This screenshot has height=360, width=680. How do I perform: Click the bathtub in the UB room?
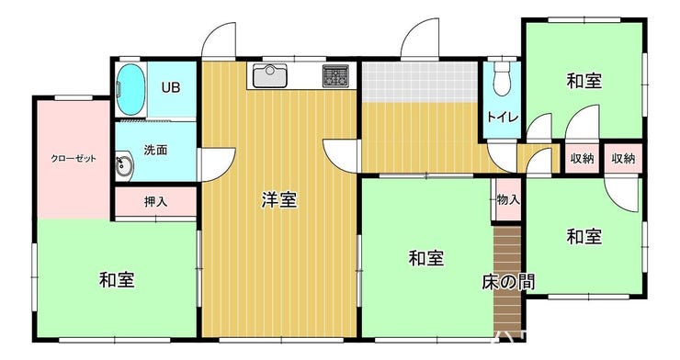tap(130, 90)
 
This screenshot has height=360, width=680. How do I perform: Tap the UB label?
tap(170, 87)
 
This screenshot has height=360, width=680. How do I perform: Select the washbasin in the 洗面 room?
tap(124, 164)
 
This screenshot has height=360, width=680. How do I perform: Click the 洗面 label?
tap(155, 150)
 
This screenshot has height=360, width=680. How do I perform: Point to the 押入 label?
tap(155, 201)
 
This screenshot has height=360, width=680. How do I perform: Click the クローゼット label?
tap(74, 159)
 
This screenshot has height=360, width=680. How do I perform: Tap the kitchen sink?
tap(270, 75)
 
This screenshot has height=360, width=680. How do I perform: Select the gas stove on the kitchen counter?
tap(335, 75)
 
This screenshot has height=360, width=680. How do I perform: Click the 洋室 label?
tap(278, 199)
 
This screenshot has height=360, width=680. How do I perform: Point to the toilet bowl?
tap(503, 79)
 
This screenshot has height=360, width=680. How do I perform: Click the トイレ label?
tap(503, 117)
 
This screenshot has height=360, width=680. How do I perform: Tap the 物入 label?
tap(508, 199)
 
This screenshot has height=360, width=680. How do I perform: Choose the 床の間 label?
tap(508, 282)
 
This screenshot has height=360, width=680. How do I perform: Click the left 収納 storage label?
tap(582, 159)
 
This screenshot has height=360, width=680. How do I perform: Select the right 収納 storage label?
tap(623, 159)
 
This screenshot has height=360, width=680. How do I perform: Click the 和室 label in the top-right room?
tap(584, 81)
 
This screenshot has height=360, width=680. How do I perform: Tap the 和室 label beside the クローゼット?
tap(117, 279)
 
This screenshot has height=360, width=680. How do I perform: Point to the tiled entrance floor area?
tap(420, 82)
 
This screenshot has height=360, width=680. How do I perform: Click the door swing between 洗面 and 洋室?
tap(217, 164)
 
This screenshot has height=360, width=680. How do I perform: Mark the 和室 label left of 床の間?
tap(426, 258)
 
